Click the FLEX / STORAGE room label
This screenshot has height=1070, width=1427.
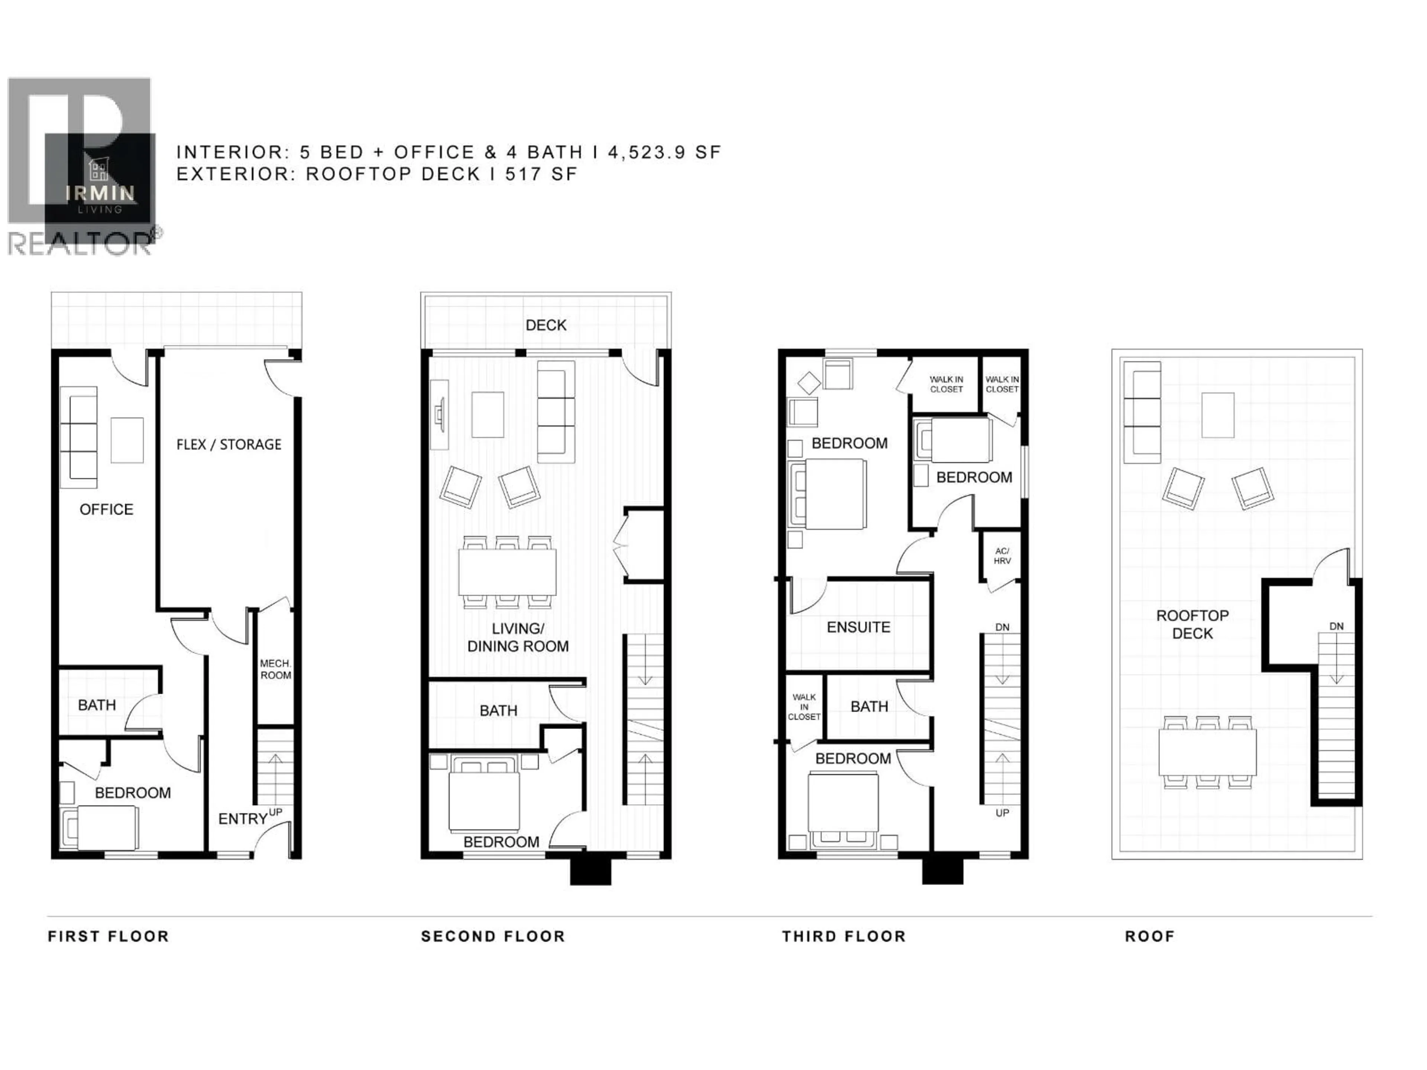229,444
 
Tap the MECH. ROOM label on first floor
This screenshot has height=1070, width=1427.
275,669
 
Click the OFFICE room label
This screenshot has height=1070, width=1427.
106,509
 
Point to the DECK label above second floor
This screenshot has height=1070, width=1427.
546,325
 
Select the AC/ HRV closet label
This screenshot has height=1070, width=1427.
1002,556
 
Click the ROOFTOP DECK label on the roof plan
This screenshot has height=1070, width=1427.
1192,624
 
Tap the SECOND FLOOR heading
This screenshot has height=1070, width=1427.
493,937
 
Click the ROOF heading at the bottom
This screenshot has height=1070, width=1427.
1150,937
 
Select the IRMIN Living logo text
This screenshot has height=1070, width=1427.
100,193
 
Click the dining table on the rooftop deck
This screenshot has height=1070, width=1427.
1207,752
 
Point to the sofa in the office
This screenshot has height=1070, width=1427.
79,437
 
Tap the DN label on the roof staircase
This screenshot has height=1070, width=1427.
1336,626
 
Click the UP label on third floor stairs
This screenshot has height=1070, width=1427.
1002,813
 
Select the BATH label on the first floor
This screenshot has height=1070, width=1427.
97,705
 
